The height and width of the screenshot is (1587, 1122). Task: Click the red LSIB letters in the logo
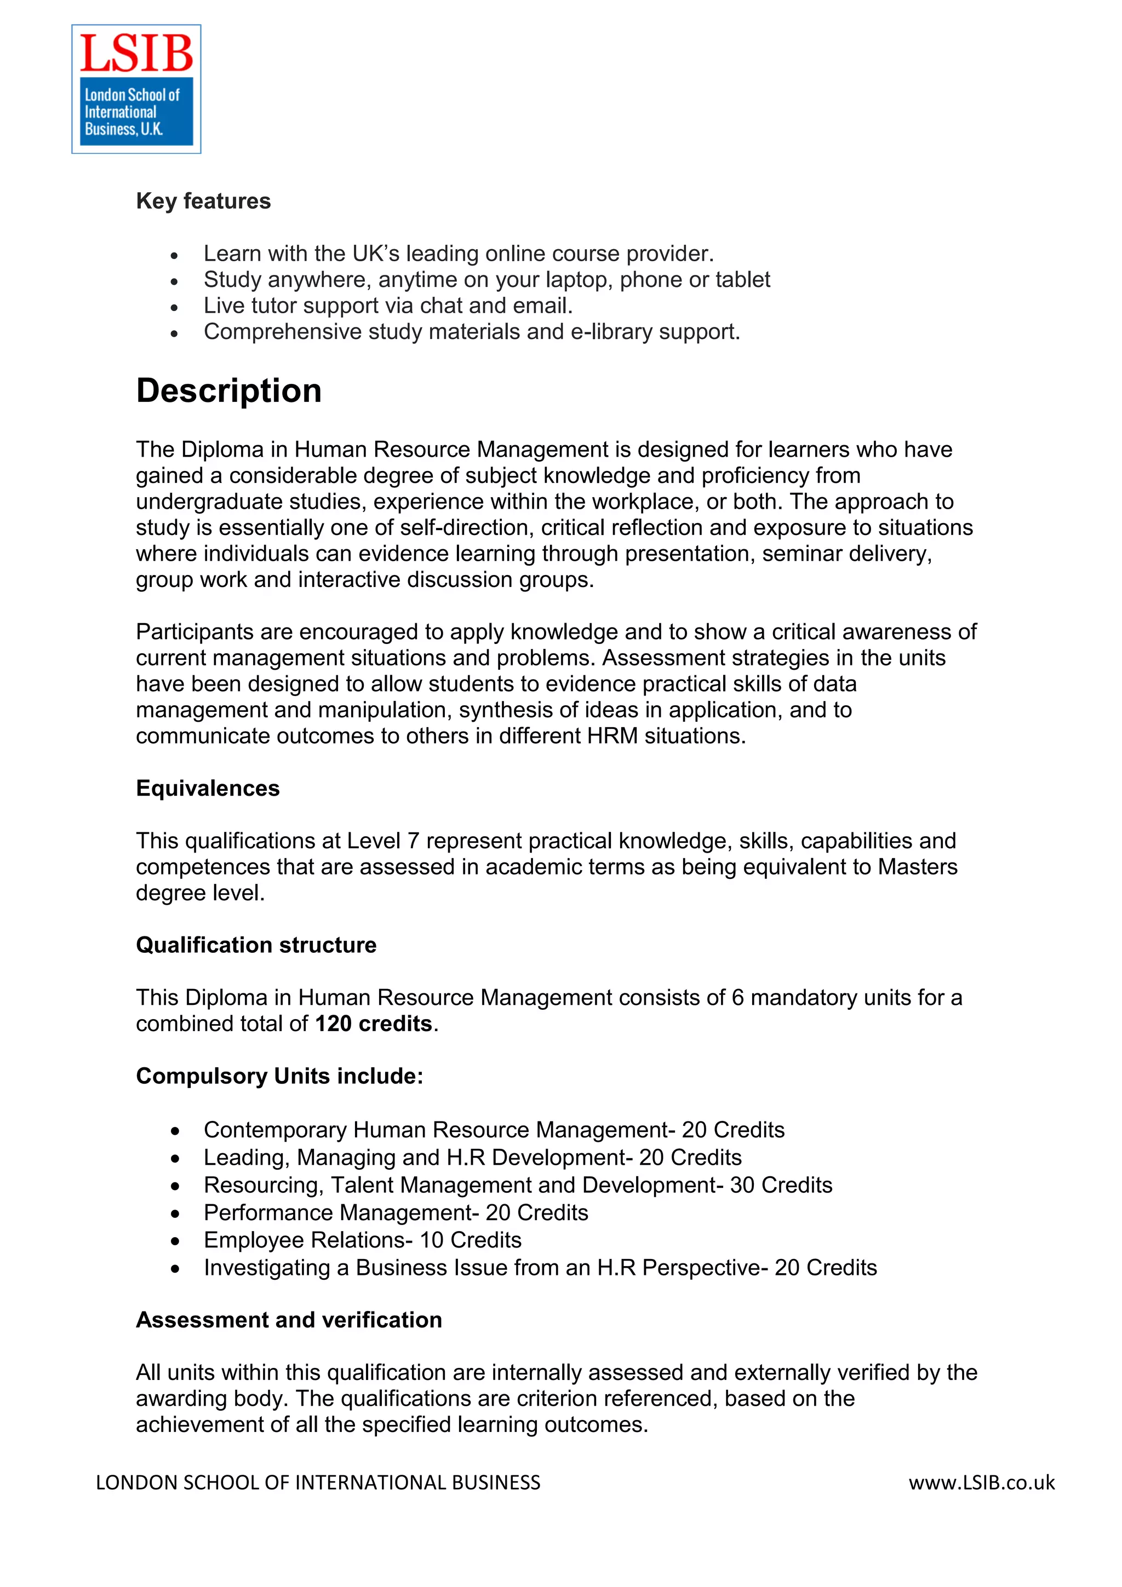(136, 54)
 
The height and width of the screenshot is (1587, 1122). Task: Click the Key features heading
(203, 201)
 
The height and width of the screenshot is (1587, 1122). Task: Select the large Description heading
(229, 390)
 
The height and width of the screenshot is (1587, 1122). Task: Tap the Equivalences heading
(208, 788)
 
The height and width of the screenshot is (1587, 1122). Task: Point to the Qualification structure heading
(256, 945)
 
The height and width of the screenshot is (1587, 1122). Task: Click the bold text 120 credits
(373, 1024)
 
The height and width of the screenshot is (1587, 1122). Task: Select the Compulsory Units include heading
(279, 1076)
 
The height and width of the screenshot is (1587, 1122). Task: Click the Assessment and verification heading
(289, 1320)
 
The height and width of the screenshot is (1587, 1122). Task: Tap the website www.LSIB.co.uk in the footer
(981, 1482)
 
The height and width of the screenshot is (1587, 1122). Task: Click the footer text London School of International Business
(318, 1482)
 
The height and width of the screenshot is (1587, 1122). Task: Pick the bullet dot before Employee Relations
(176, 1241)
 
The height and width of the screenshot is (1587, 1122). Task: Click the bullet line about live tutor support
(388, 306)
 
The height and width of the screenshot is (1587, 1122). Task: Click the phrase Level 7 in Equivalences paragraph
(382, 841)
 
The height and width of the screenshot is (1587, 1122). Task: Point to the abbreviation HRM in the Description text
(612, 735)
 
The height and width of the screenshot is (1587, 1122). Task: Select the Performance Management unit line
(396, 1212)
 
